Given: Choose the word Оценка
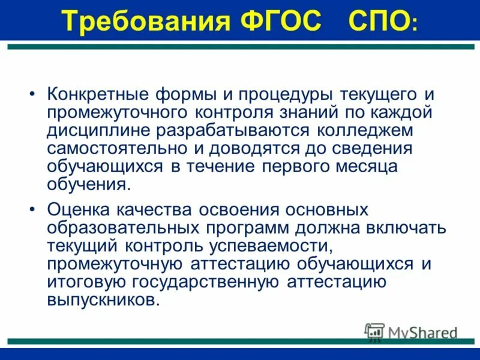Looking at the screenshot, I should (x=77, y=211).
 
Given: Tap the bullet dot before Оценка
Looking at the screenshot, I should (x=32, y=212).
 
